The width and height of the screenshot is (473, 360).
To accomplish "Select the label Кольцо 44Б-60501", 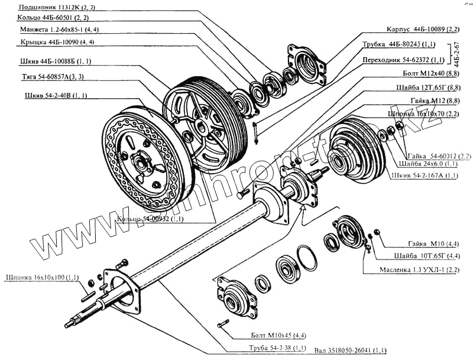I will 51,18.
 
